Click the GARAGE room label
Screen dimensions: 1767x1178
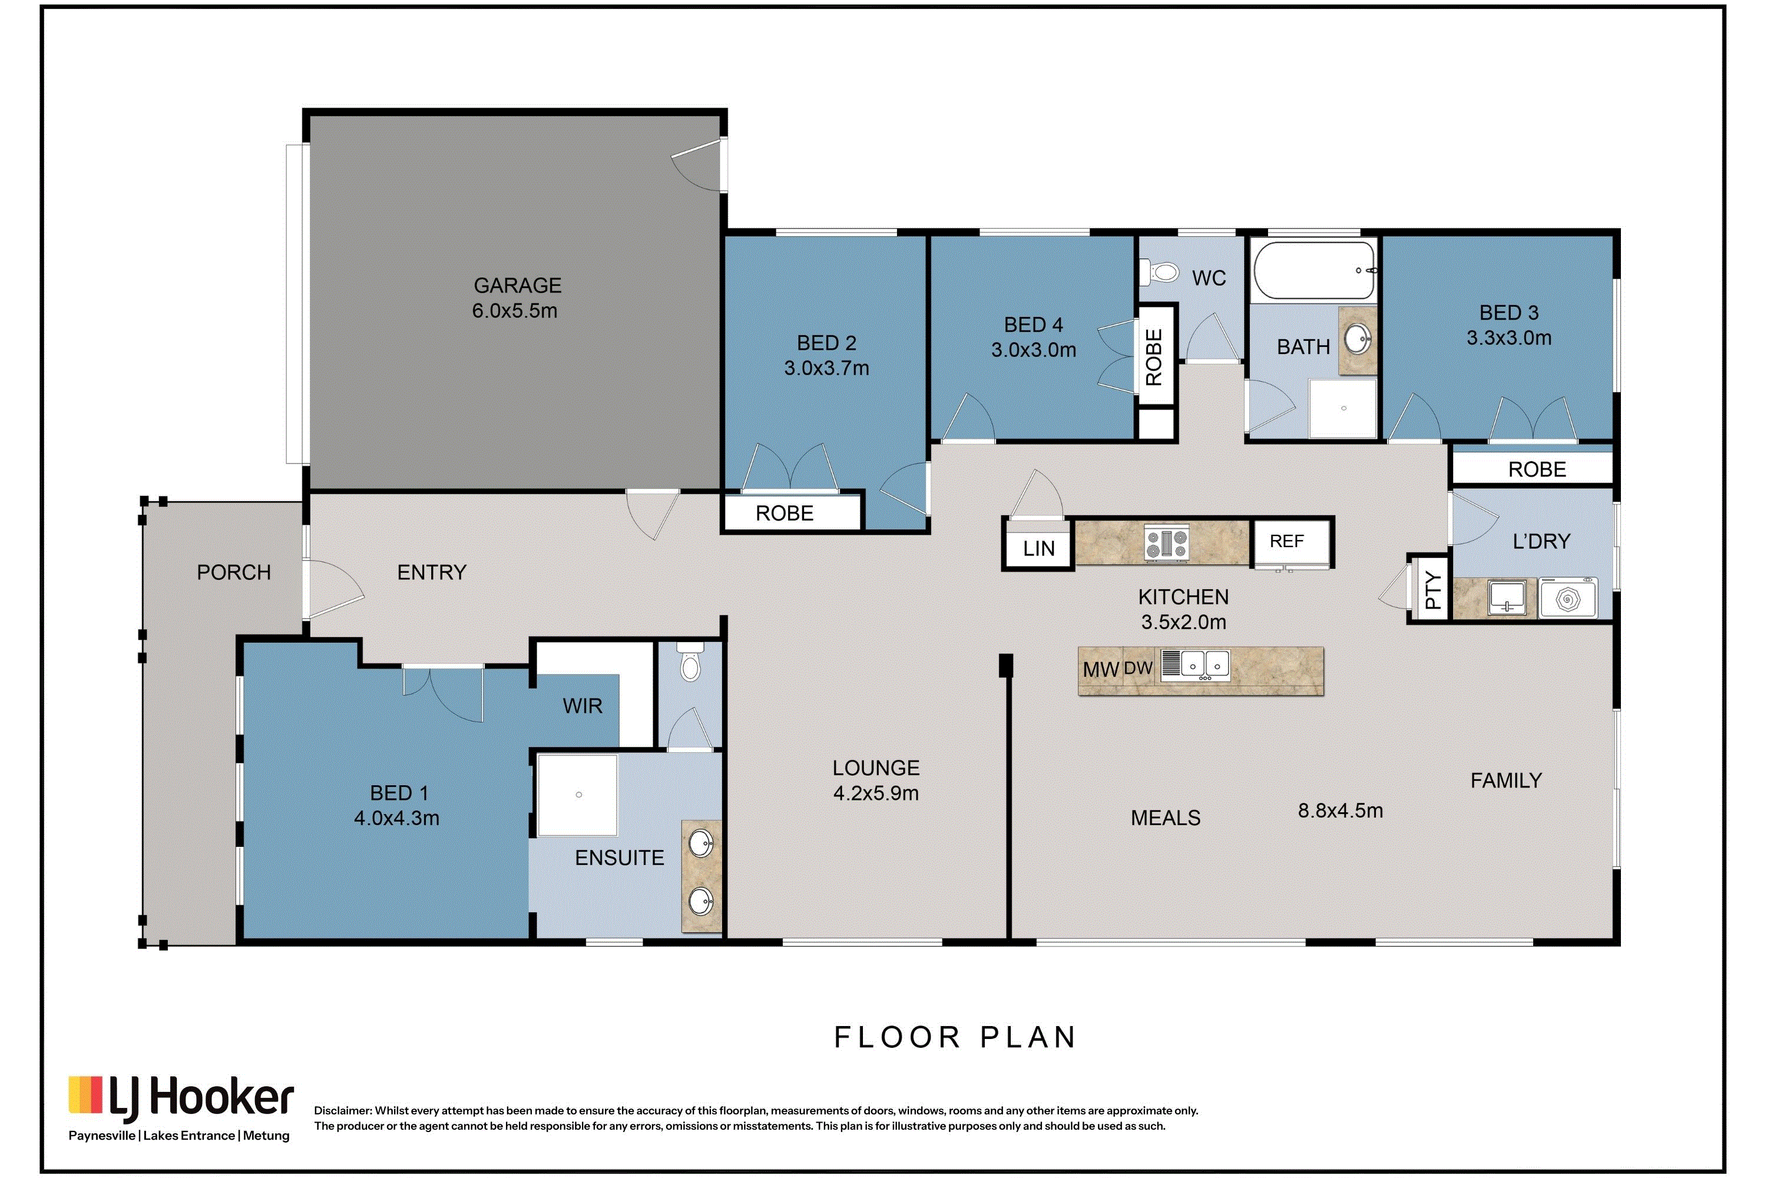[517, 286]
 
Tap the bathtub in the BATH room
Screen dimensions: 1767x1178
[1315, 270]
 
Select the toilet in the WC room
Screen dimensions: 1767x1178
[1159, 271]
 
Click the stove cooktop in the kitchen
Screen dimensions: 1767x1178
[1166, 543]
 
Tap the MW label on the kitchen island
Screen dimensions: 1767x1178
[1101, 669]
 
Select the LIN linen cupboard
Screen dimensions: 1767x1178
[1038, 548]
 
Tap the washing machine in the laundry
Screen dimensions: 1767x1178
[1568, 598]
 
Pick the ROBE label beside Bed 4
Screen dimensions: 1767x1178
[1153, 358]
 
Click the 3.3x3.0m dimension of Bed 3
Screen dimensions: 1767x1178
[1508, 338]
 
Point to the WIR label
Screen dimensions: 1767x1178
[583, 706]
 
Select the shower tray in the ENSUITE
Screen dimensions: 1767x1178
[577, 795]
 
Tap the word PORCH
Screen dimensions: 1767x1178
[234, 573]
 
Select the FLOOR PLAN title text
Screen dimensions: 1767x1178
[955, 1037]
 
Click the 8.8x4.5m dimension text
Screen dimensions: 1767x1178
[1341, 810]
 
